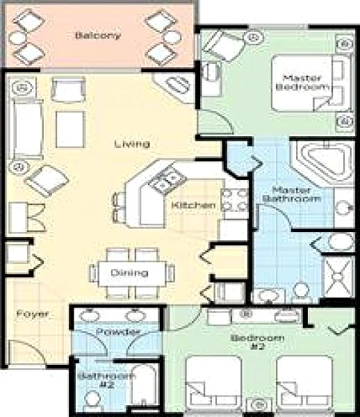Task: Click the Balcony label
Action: (x=97, y=35)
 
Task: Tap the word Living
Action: (x=132, y=144)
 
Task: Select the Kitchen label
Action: (x=193, y=206)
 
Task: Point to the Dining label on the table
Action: (x=129, y=273)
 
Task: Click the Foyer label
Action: (x=33, y=314)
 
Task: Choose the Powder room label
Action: (x=117, y=332)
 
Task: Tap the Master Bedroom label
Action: (x=302, y=83)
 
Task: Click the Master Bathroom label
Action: (x=291, y=195)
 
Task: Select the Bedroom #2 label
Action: (x=257, y=342)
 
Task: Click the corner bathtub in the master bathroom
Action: (x=322, y=162)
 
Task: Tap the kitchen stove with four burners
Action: (x=234, y=200)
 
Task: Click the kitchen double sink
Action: (x=167, y=180)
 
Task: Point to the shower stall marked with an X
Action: (x=338, y=277)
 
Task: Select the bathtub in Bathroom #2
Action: (x=145, y=385)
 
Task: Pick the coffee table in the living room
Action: (x=70, y=129)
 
